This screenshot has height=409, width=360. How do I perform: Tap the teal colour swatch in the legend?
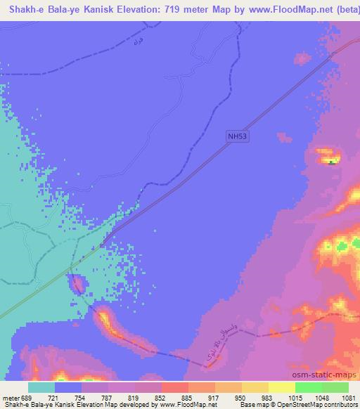pos(41,387)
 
